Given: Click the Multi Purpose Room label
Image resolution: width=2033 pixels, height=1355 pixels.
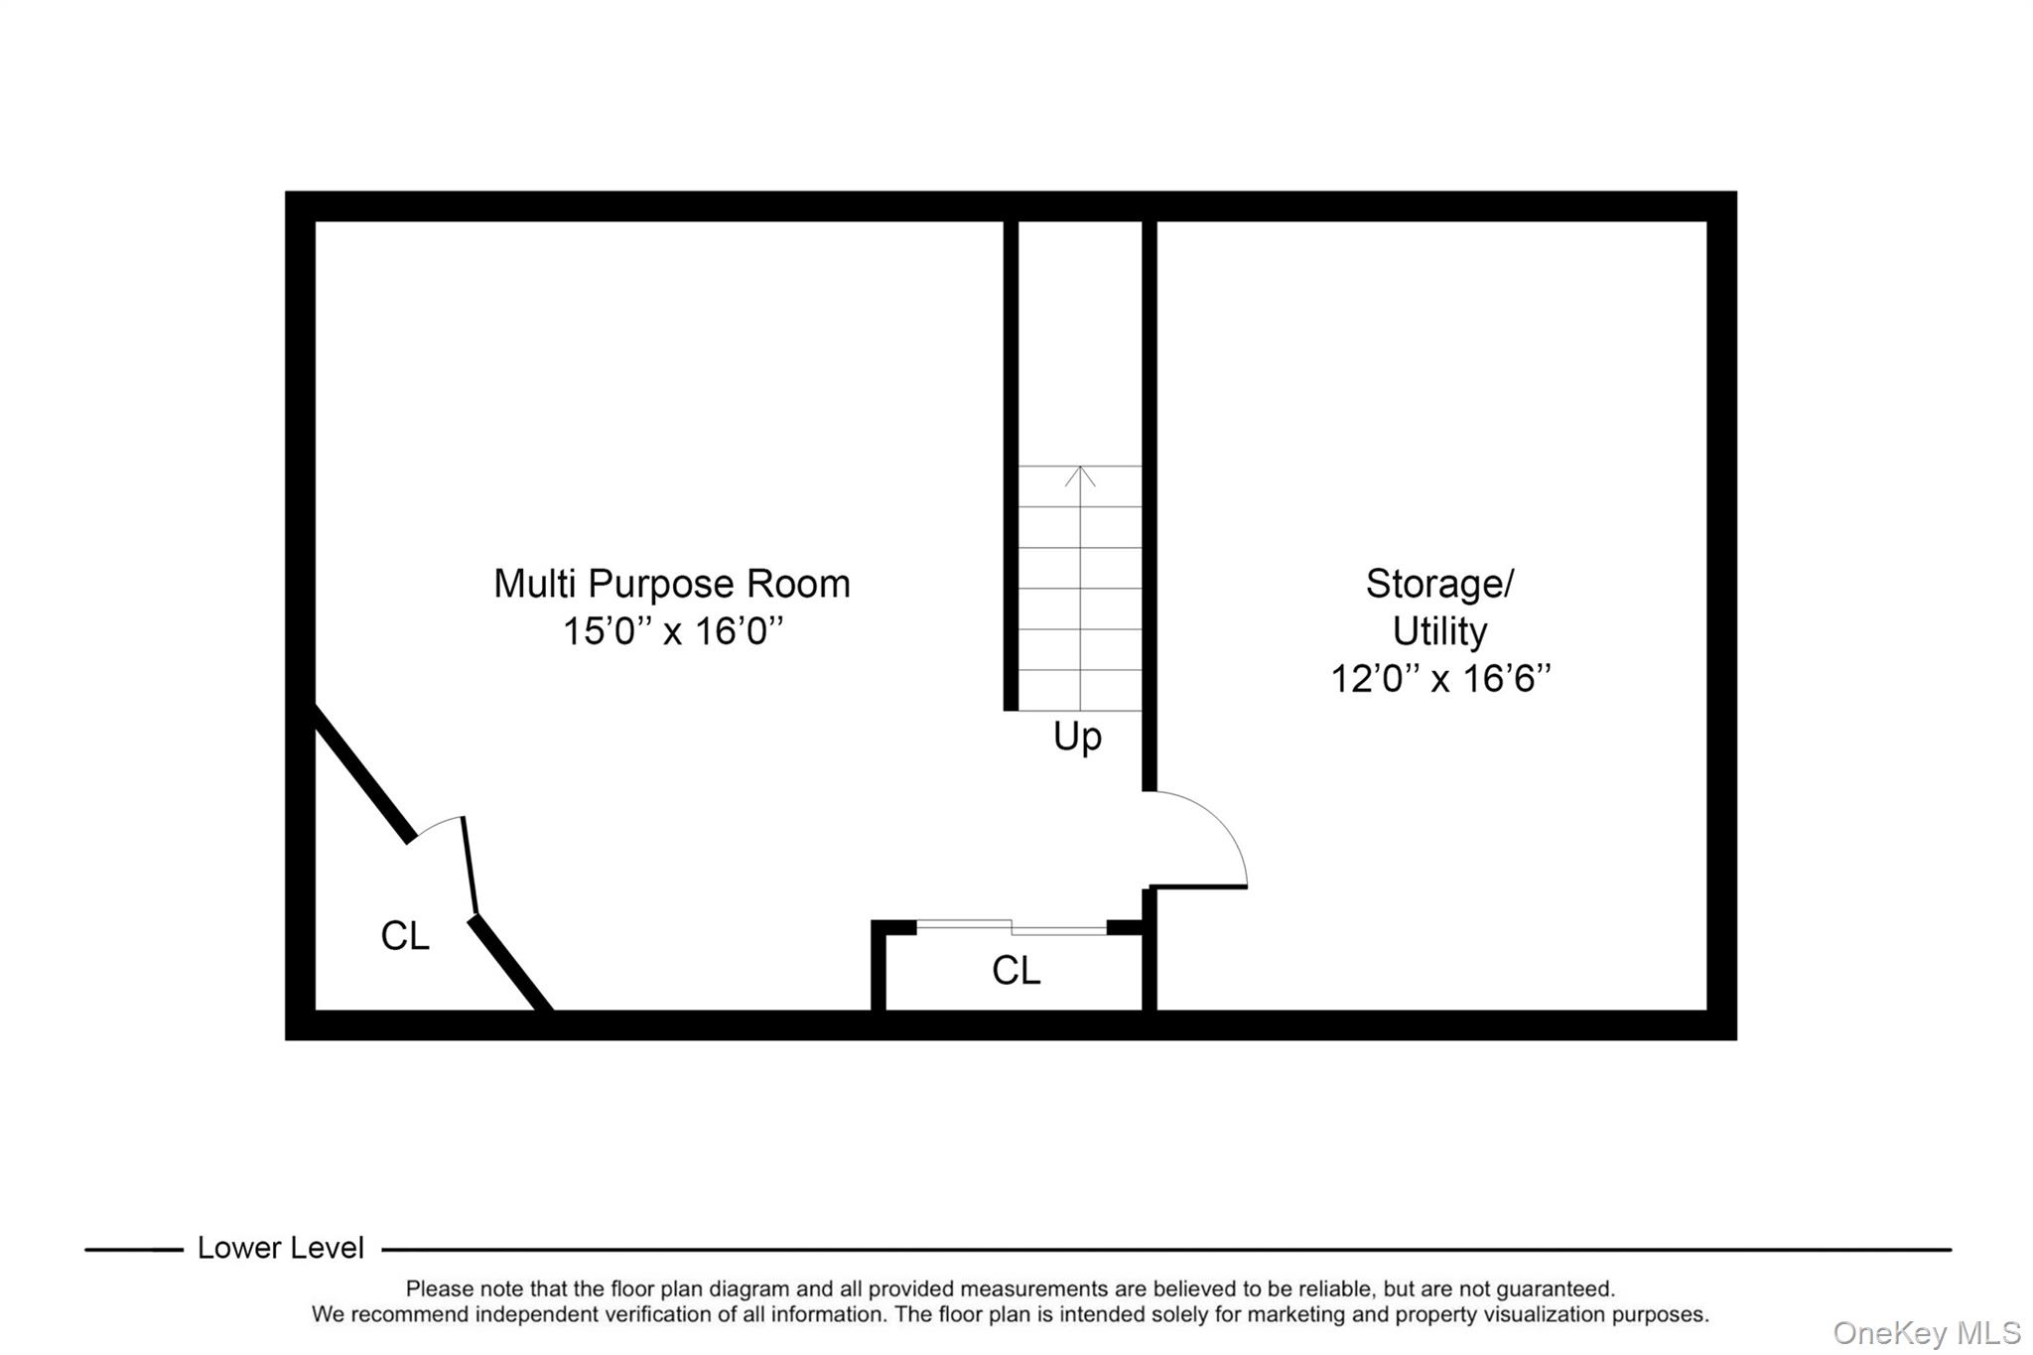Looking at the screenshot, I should click(x=672, y=584).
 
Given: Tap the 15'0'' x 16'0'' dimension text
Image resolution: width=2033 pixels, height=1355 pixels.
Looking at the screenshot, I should click(x=672, y=631).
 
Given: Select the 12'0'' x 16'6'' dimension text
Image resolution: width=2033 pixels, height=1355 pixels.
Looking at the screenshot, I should click(x=1439, y=679).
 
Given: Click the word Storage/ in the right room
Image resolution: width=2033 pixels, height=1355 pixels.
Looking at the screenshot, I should click(x=1439, y=584).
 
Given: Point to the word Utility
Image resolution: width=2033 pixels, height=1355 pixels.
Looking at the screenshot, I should click(x=1439, y=631).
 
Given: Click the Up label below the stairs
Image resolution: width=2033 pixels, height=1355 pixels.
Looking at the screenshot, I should click(x=1077, y=737).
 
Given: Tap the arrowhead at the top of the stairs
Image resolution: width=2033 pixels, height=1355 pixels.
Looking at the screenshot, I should click(x=1080, y=474).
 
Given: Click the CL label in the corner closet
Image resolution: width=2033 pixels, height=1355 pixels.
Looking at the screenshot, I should click(x=405, y=935).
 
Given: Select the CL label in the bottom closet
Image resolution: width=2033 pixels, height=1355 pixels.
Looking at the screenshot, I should click(x=1016, y=970).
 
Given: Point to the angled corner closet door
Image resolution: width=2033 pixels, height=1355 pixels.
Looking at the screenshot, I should click(x=470, y=864).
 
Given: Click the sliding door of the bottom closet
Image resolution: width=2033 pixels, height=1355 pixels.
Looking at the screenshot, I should click(x=1011, y=927).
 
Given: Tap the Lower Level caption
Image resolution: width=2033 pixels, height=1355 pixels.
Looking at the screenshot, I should click(x=280, y=1248).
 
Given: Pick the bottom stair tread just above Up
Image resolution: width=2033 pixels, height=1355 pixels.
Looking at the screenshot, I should click(x=1080, y=691).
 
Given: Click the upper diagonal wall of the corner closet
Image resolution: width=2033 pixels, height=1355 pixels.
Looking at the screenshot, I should click(x=363, y=774).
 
